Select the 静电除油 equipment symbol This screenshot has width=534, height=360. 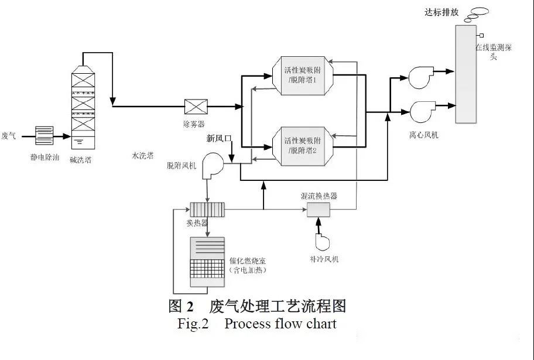tap(44, 136)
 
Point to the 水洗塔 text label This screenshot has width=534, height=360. tap(142, 155)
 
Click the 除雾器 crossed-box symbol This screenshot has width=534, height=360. tap(194, 107)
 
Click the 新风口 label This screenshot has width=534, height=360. tap(220, 139)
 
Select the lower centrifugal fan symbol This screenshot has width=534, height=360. tap(422, 111)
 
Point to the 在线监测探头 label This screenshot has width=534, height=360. tap(494, 52)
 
